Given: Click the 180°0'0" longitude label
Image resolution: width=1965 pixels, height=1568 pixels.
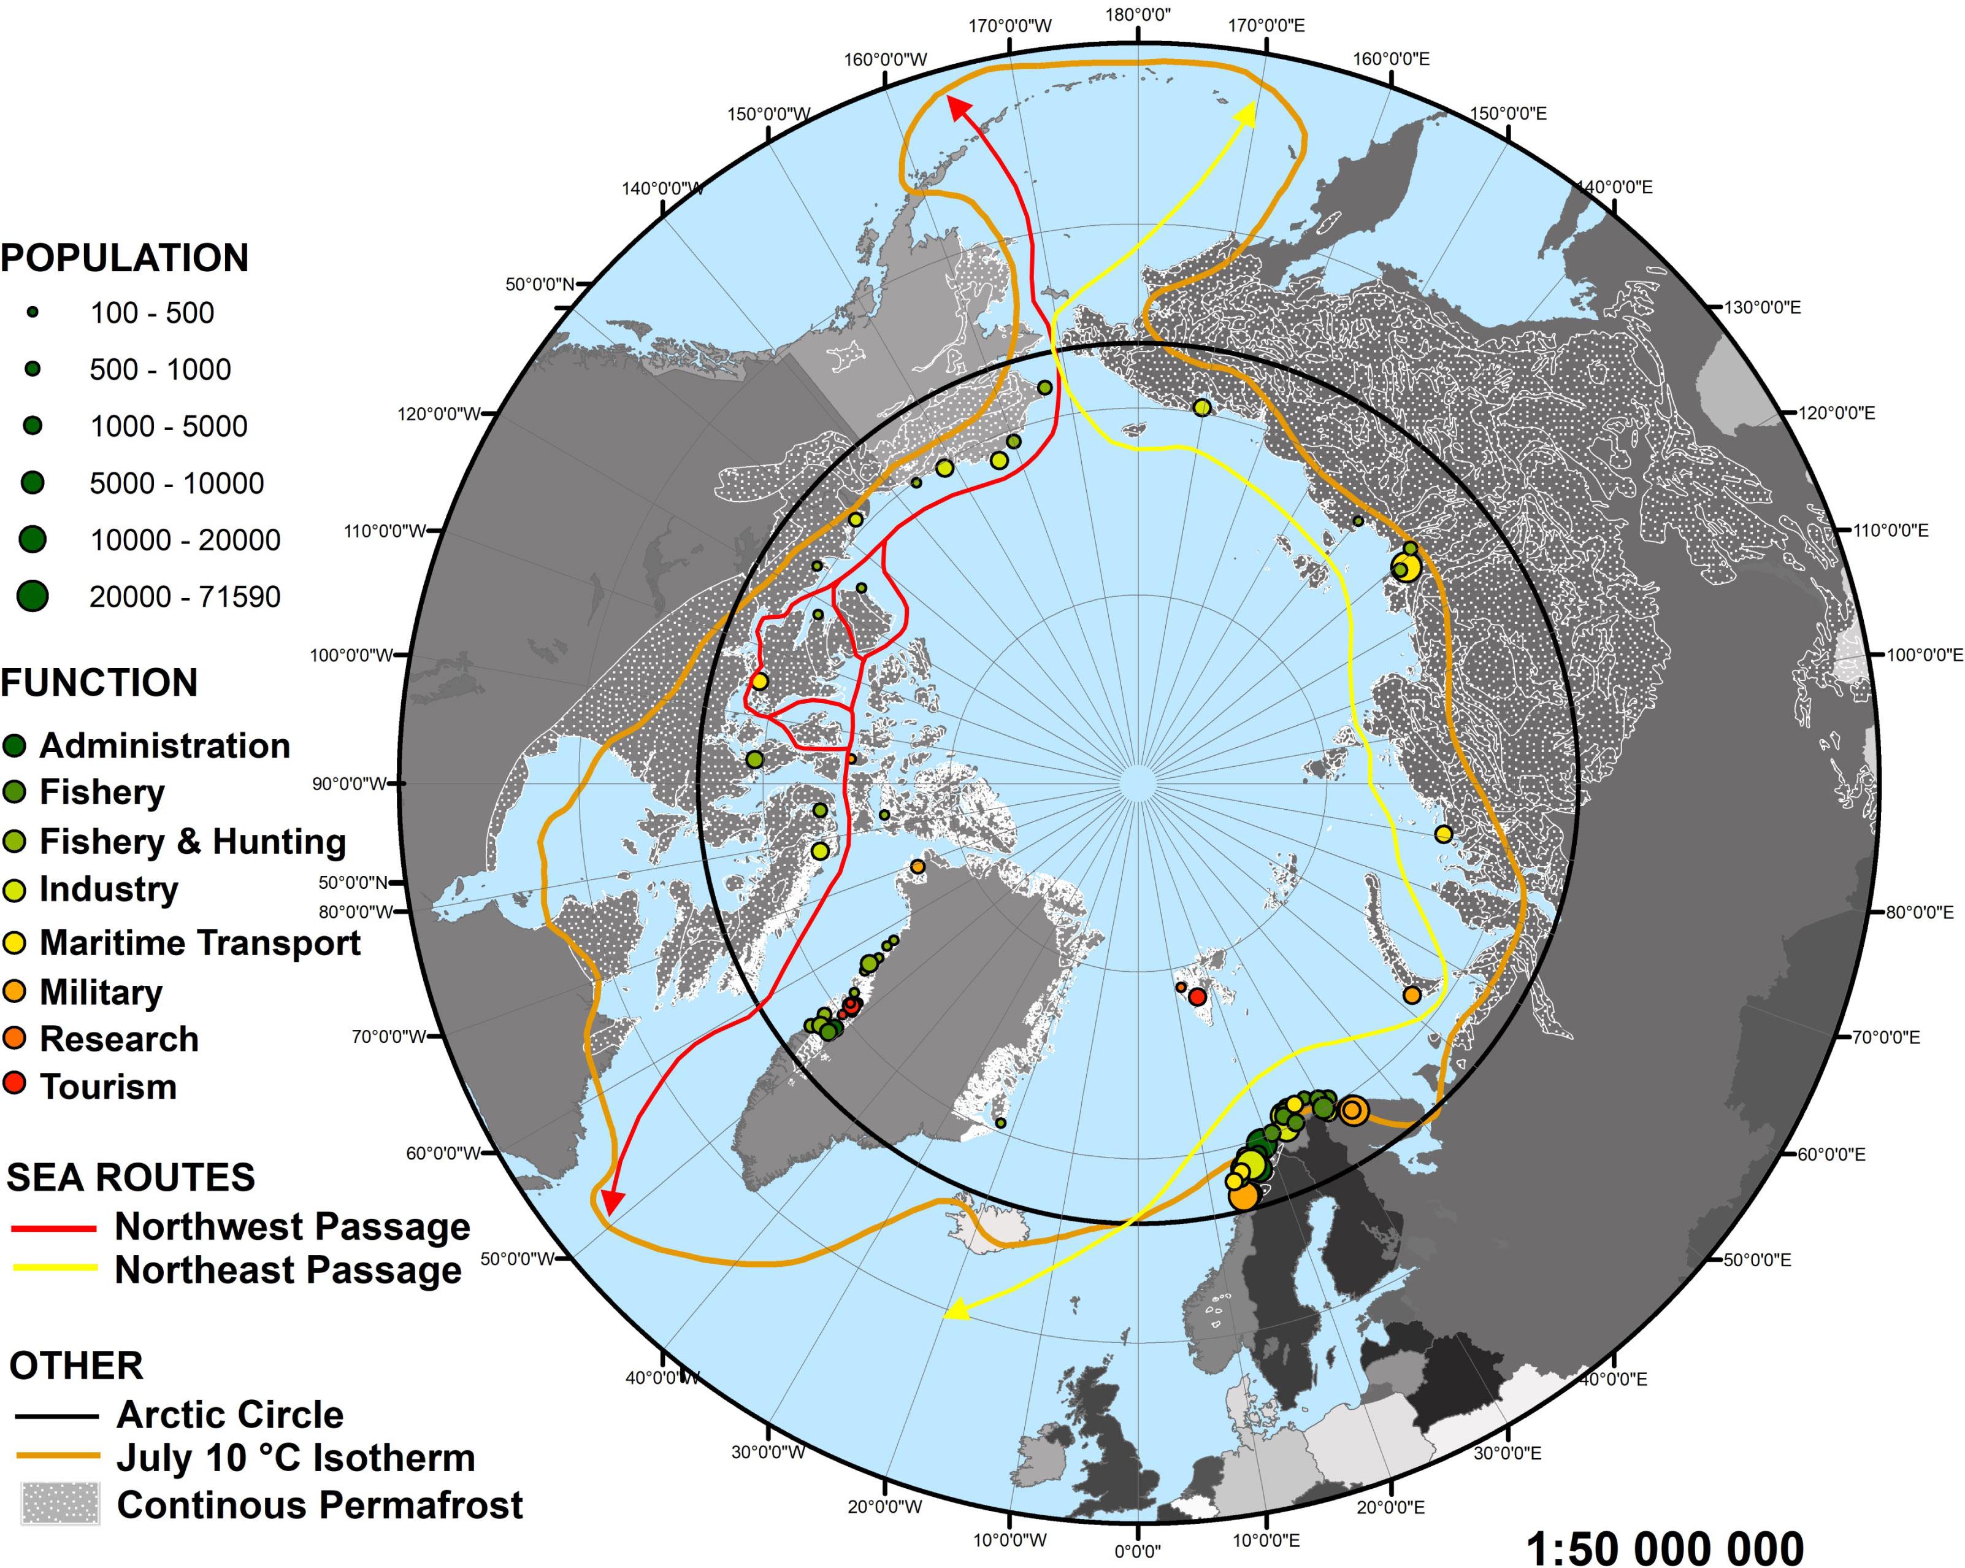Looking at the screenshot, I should [x=1138, y=15].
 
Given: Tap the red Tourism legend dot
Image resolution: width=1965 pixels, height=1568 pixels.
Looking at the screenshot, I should [x=15, y=1084].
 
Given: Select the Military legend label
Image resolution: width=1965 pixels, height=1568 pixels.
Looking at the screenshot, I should [x=101, y=992].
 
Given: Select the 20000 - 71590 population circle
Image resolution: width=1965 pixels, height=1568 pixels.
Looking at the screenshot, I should [x=33, y=596].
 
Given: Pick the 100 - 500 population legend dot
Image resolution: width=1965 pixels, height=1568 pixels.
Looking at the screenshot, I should [x=33, y=312].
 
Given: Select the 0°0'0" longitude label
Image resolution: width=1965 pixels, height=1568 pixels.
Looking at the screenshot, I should [x=1138, y=1551].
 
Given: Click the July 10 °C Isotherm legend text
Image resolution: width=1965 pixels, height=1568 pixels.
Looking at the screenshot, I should [x=295, y=1458].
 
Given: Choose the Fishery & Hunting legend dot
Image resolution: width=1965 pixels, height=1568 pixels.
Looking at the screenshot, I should [x=15, y=840].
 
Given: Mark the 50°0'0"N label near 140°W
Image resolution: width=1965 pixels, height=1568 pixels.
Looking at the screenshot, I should [x=540, y=285].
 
